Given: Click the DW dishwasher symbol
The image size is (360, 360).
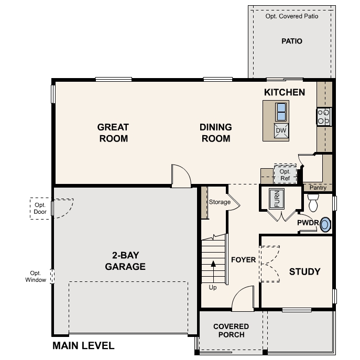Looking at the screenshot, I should tap(280, 130).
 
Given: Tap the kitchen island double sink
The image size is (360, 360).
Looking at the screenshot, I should tap(281, 111).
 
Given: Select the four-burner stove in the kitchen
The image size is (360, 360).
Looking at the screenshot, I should tap(324, 116).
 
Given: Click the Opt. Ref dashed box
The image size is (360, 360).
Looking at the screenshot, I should tap(285, 174).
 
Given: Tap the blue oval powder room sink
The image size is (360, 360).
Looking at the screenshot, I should tap(325, 225).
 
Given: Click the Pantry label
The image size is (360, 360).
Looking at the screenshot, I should tap(318, 188).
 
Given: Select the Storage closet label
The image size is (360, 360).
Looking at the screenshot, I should tap(220, 202).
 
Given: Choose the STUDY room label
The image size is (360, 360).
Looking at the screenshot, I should tap(304, 271).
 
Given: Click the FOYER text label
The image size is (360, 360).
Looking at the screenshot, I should tap(243, 259).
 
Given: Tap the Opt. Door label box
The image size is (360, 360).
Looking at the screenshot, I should tap(40, 208).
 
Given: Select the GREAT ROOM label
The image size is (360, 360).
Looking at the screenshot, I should tap(113, 133).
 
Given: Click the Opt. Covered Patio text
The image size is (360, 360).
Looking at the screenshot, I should tap(291, 16).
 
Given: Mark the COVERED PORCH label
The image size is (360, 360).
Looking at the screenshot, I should tap(231, 331).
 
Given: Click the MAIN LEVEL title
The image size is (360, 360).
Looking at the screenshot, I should tap(83, 346).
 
